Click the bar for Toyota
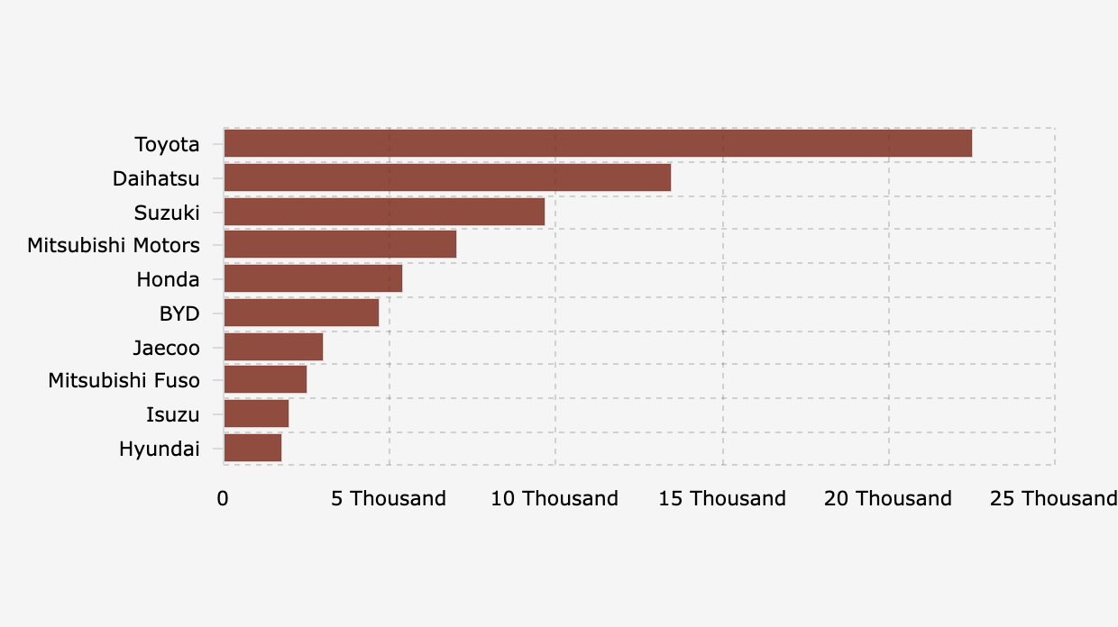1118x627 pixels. tap(598, 144)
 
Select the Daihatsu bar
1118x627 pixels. tap(447, 177)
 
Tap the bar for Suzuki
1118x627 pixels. tap(384, 212)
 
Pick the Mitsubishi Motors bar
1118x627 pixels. tap(340, 245)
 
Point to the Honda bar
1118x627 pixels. tap(313, 279)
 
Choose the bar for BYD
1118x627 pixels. tap(301, 313)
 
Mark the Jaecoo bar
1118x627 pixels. tap(273, 347)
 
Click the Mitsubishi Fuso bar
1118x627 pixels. tap(265, 380)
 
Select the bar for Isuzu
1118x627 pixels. tap(256, 414)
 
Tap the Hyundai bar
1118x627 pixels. tap(252, 448)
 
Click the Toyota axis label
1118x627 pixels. tap(167, 144)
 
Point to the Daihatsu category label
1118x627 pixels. tap(156, 178)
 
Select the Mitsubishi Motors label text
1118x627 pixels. tap(114, 245)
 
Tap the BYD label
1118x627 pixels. tap(179, 313)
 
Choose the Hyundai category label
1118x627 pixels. tap(159, 449)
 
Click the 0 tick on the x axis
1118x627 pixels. tap(223, 499)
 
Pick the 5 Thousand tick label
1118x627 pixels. tap(389, 499)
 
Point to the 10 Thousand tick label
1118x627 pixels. tap(554, 499)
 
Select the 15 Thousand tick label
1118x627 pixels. tap(722, 499)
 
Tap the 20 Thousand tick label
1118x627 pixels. tap(888, 499)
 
